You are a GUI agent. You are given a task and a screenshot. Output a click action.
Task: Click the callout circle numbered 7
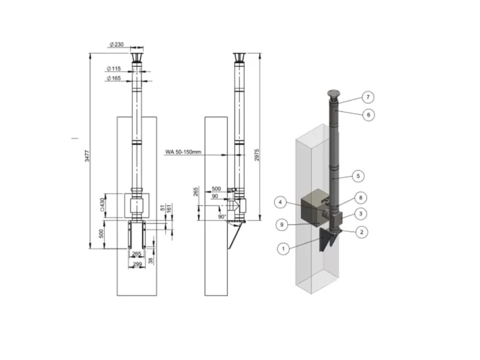coord(368,97)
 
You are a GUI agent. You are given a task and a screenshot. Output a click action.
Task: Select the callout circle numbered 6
coord(368,115)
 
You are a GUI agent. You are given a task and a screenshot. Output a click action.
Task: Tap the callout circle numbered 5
coord(358,176)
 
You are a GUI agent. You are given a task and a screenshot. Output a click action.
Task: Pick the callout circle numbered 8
coord(361,198)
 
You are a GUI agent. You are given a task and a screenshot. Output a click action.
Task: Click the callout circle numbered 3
coord(361,214)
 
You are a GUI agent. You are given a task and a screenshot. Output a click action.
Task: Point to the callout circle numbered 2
coord(362,232)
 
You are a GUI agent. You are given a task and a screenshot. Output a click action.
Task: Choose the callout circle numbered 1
coord(283,248)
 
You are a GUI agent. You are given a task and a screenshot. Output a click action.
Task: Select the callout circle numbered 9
coord(281,224)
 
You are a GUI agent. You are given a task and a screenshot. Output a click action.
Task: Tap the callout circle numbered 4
coord(280,202)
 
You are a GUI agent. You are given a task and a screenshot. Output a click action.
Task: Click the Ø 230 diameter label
coord(116,44)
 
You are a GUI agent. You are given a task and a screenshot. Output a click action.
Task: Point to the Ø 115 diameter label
coord(114,68)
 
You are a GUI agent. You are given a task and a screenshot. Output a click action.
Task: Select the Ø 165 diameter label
coord(114,79)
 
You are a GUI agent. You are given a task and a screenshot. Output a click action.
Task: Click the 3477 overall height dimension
coord(87,155)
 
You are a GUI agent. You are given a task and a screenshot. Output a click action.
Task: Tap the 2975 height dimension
coord(257,155)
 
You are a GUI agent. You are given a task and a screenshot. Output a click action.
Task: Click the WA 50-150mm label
coord(183,152)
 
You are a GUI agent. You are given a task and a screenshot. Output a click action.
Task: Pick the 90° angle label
coord(221,217)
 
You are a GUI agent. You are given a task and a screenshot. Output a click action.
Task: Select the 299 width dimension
coord(137,264)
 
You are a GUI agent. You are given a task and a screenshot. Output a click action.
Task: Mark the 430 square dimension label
coord(102,205)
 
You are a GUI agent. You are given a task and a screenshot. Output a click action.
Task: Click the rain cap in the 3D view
coord(334,94)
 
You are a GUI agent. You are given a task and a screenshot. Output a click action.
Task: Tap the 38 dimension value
coord(151,261)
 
